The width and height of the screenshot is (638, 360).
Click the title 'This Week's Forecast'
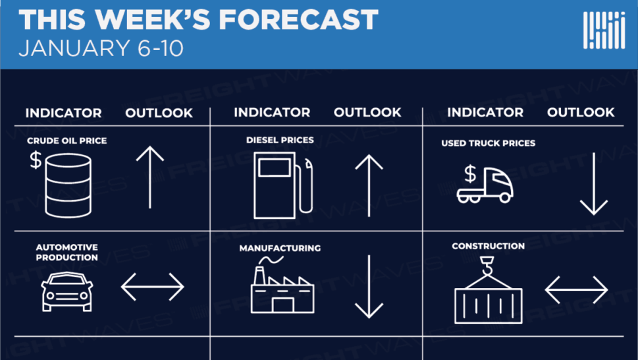tap(199, 20)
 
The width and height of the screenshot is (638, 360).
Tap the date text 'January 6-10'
tap(101, 49)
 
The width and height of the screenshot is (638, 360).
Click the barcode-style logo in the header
tap(604, 30)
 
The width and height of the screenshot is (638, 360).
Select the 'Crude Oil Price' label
tap(66, 141)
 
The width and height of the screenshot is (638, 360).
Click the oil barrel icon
tap(68, 185)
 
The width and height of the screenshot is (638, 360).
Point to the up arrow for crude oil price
tap(149, 177)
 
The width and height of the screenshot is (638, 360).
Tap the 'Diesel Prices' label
tap(280, 140)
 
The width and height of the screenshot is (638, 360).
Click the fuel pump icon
tap(283, 185)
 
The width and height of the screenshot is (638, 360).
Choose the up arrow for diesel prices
tap(369, 185)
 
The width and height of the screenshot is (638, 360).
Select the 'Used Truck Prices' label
tap(489, 143)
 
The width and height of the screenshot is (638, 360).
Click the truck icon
tap(485, 185)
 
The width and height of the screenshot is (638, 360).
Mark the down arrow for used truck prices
tap(594, 184)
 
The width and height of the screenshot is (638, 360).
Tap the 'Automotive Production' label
tap(66, 253)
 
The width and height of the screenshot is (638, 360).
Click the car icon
tap(67, 291)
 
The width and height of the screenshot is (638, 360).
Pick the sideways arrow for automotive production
tap(153, 287)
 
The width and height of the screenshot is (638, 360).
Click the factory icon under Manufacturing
tap(282, 285)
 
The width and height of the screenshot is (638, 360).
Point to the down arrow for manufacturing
tap(369, 287)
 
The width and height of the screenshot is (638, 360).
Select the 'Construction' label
tap(489, 247)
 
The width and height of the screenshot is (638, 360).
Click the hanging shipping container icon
tap(489, 290)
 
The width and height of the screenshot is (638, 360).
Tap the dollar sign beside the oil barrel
tap(36, 160)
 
